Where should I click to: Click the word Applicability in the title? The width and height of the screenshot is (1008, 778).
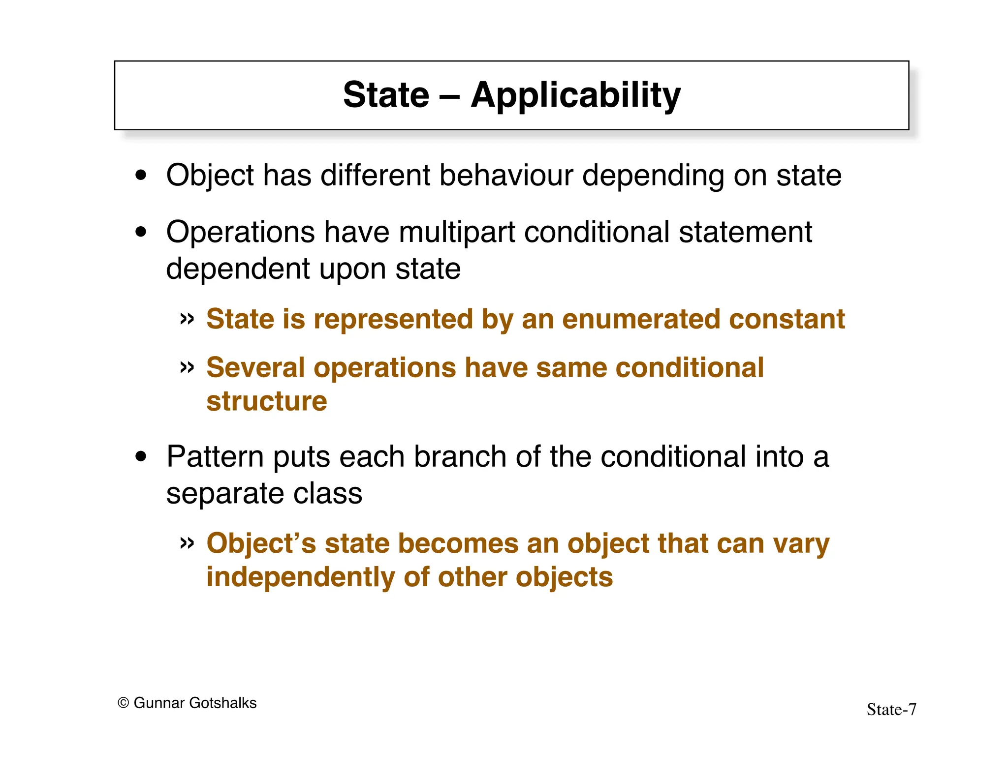pyautogui.click(x=575, y=95)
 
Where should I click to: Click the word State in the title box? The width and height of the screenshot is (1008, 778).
pyautogui.click(x=386, y=95)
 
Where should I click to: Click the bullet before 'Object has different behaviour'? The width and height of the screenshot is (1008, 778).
pyautogui.click(x=141, y=176)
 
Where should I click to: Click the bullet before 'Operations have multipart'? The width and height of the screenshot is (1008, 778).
pyautogui.click(x=141, y=232)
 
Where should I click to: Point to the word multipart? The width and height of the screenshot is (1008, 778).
pyautogui.click(x=457, y=232)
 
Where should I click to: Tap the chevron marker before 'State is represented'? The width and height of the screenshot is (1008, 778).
pyautogui.click(x=187, y=319)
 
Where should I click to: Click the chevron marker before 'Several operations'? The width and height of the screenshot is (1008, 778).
pyautogui.click(x=187, y=367)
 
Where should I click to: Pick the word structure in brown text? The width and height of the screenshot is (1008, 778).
pyautogui.click(x=266, y=401)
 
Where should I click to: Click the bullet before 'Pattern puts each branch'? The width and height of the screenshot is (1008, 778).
pyautogui.click(x=141, y=457)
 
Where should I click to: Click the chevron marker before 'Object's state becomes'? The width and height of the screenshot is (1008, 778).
pyautogui.click(x=187, y=543)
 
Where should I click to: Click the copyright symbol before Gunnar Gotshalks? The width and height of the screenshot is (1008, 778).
pyautogui.click(x=123, y=703)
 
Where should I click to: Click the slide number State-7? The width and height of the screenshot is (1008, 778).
pyautogui.click(x=891, y=710)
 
